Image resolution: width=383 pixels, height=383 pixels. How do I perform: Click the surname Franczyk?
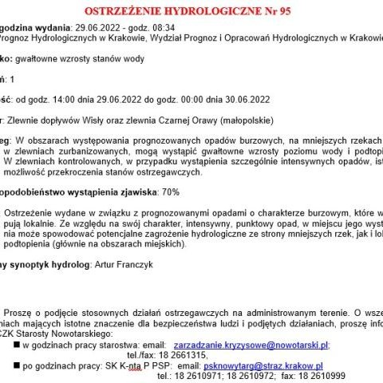(x=147, y=263)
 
